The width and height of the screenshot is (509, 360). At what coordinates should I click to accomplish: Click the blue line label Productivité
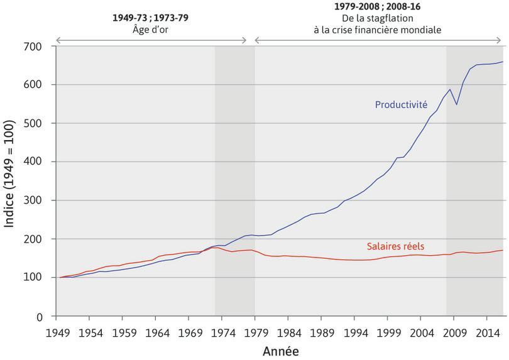coord(401,104)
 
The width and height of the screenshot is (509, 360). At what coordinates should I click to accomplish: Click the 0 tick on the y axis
coord(39,317)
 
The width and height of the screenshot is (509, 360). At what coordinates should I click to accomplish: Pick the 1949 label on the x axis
coord(57,331)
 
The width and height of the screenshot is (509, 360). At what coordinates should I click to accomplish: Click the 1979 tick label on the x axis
coord(255,331)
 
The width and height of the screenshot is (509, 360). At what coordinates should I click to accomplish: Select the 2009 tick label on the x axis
coord(454,331)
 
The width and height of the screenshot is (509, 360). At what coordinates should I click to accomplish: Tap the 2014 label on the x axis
coord(486,331)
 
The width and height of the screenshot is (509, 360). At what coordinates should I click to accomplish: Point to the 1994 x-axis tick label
coord(354,331)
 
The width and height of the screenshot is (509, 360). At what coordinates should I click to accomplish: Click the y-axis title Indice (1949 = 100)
coord(10,181)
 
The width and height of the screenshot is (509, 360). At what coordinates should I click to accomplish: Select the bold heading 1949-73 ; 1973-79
coord(150,18)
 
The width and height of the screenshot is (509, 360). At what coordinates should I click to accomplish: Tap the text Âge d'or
coord(150,29)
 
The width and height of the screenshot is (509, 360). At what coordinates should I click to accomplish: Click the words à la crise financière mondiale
coord(378,29)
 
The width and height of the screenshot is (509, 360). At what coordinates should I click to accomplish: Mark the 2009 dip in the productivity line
coord(457,104)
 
